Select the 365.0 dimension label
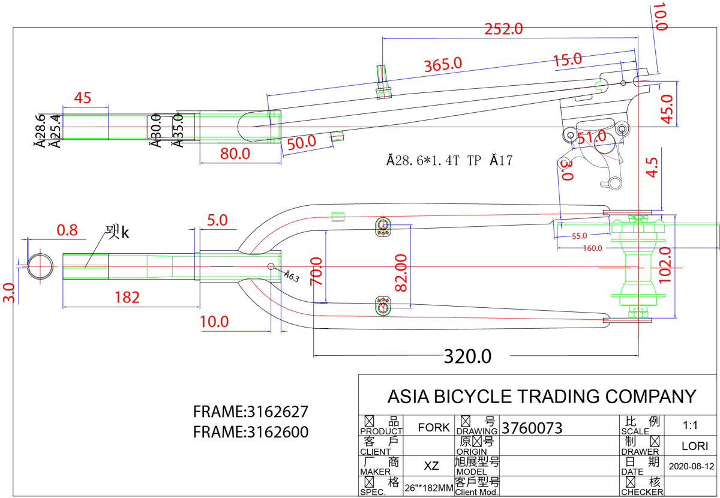443,64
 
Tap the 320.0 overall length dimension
467,356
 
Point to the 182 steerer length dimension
127,297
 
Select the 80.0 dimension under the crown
235,154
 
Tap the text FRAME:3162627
251,412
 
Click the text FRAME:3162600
251,432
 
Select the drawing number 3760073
532,428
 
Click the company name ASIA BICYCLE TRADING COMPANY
542,397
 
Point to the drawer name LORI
695,446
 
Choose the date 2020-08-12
691,466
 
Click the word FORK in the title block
434,428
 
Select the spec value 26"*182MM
428,488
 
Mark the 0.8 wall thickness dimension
67,230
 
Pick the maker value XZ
431,466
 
